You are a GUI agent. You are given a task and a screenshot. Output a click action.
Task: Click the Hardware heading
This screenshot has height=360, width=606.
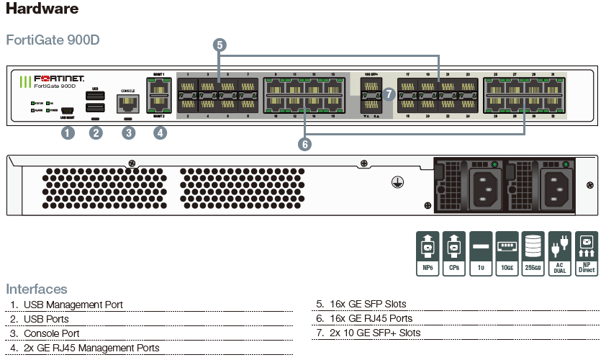42,10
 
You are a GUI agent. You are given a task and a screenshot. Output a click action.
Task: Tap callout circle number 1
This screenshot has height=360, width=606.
68,132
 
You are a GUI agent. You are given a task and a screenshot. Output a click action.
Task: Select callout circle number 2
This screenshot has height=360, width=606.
96,132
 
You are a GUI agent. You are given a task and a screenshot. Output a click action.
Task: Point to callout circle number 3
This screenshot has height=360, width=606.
128,132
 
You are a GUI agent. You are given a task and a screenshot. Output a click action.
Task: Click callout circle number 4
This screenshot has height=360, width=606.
160,132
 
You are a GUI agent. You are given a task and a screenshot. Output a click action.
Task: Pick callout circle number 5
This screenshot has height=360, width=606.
220,45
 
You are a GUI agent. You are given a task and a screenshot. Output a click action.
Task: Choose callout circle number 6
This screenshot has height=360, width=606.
305,144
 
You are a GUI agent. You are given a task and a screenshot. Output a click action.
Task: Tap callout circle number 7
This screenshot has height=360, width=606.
389,94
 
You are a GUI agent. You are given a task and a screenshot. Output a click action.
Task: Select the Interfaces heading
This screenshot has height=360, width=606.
37,289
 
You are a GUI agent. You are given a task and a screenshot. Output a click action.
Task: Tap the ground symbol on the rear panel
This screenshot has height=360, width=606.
395,183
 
